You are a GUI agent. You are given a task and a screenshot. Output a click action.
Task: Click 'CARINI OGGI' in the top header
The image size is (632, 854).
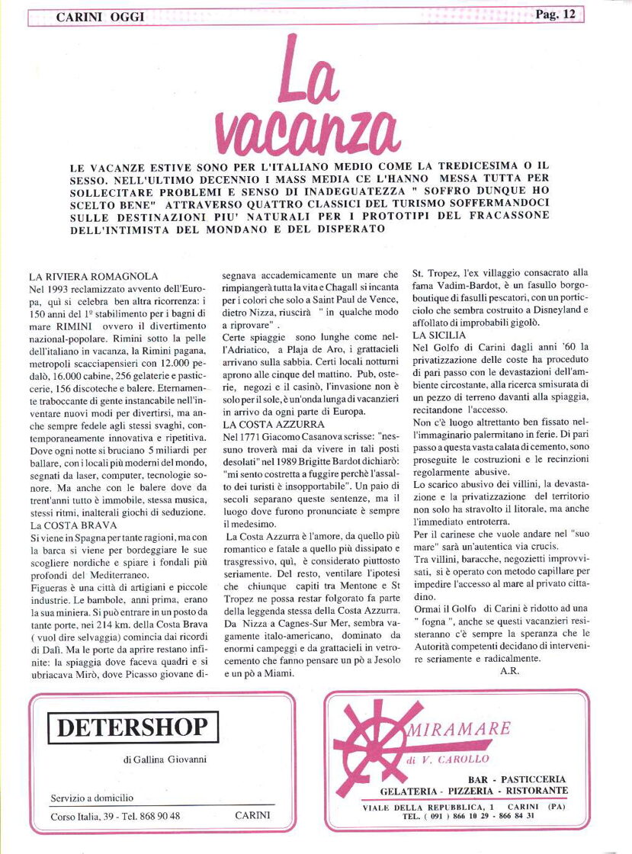click(100, 17)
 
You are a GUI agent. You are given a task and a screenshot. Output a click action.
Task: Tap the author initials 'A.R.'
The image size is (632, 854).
click(509, 670)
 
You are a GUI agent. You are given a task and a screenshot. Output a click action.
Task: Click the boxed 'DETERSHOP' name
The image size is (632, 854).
click(133, 727)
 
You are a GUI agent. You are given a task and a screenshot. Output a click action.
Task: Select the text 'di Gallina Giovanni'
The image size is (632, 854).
click(164, 759)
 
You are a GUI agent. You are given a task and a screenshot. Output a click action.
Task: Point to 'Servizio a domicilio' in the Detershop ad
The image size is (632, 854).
click(91, 798)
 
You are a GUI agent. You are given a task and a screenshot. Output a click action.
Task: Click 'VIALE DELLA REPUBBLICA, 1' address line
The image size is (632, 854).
click(427, 806)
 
